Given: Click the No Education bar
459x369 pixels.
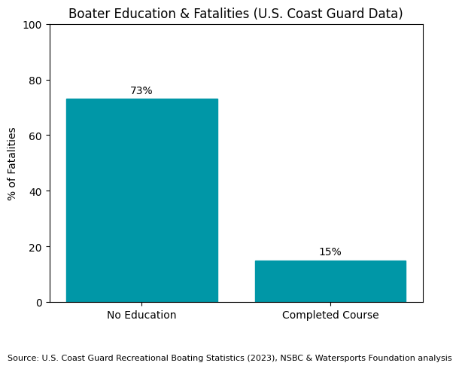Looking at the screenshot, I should [x=141, y=200].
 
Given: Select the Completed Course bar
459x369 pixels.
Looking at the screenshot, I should [x=330, y=281].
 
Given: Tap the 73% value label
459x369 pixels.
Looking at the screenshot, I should [x=141, y=91].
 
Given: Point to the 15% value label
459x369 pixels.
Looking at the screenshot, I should [x=330, y=252].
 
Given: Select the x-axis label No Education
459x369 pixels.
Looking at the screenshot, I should [x=141, y=315].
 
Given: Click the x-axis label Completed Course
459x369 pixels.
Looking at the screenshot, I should [x=330, y=315].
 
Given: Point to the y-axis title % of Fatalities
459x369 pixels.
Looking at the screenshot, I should [x=12, y=163].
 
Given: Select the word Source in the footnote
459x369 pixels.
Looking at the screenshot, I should [x=23, y=358].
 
